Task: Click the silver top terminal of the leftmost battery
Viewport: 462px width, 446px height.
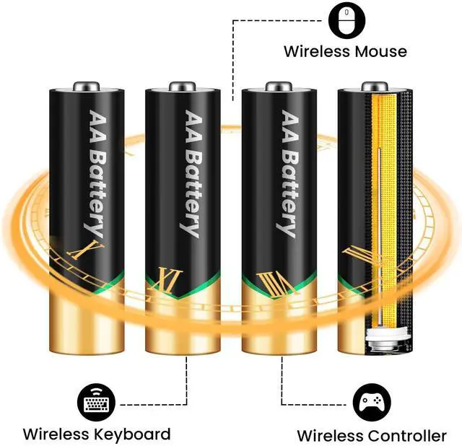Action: point(86,85)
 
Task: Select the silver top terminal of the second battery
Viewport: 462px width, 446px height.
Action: point(182,85)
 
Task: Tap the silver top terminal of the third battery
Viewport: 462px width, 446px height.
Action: point(278,85)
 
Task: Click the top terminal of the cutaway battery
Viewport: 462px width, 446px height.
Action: point(374,85)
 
